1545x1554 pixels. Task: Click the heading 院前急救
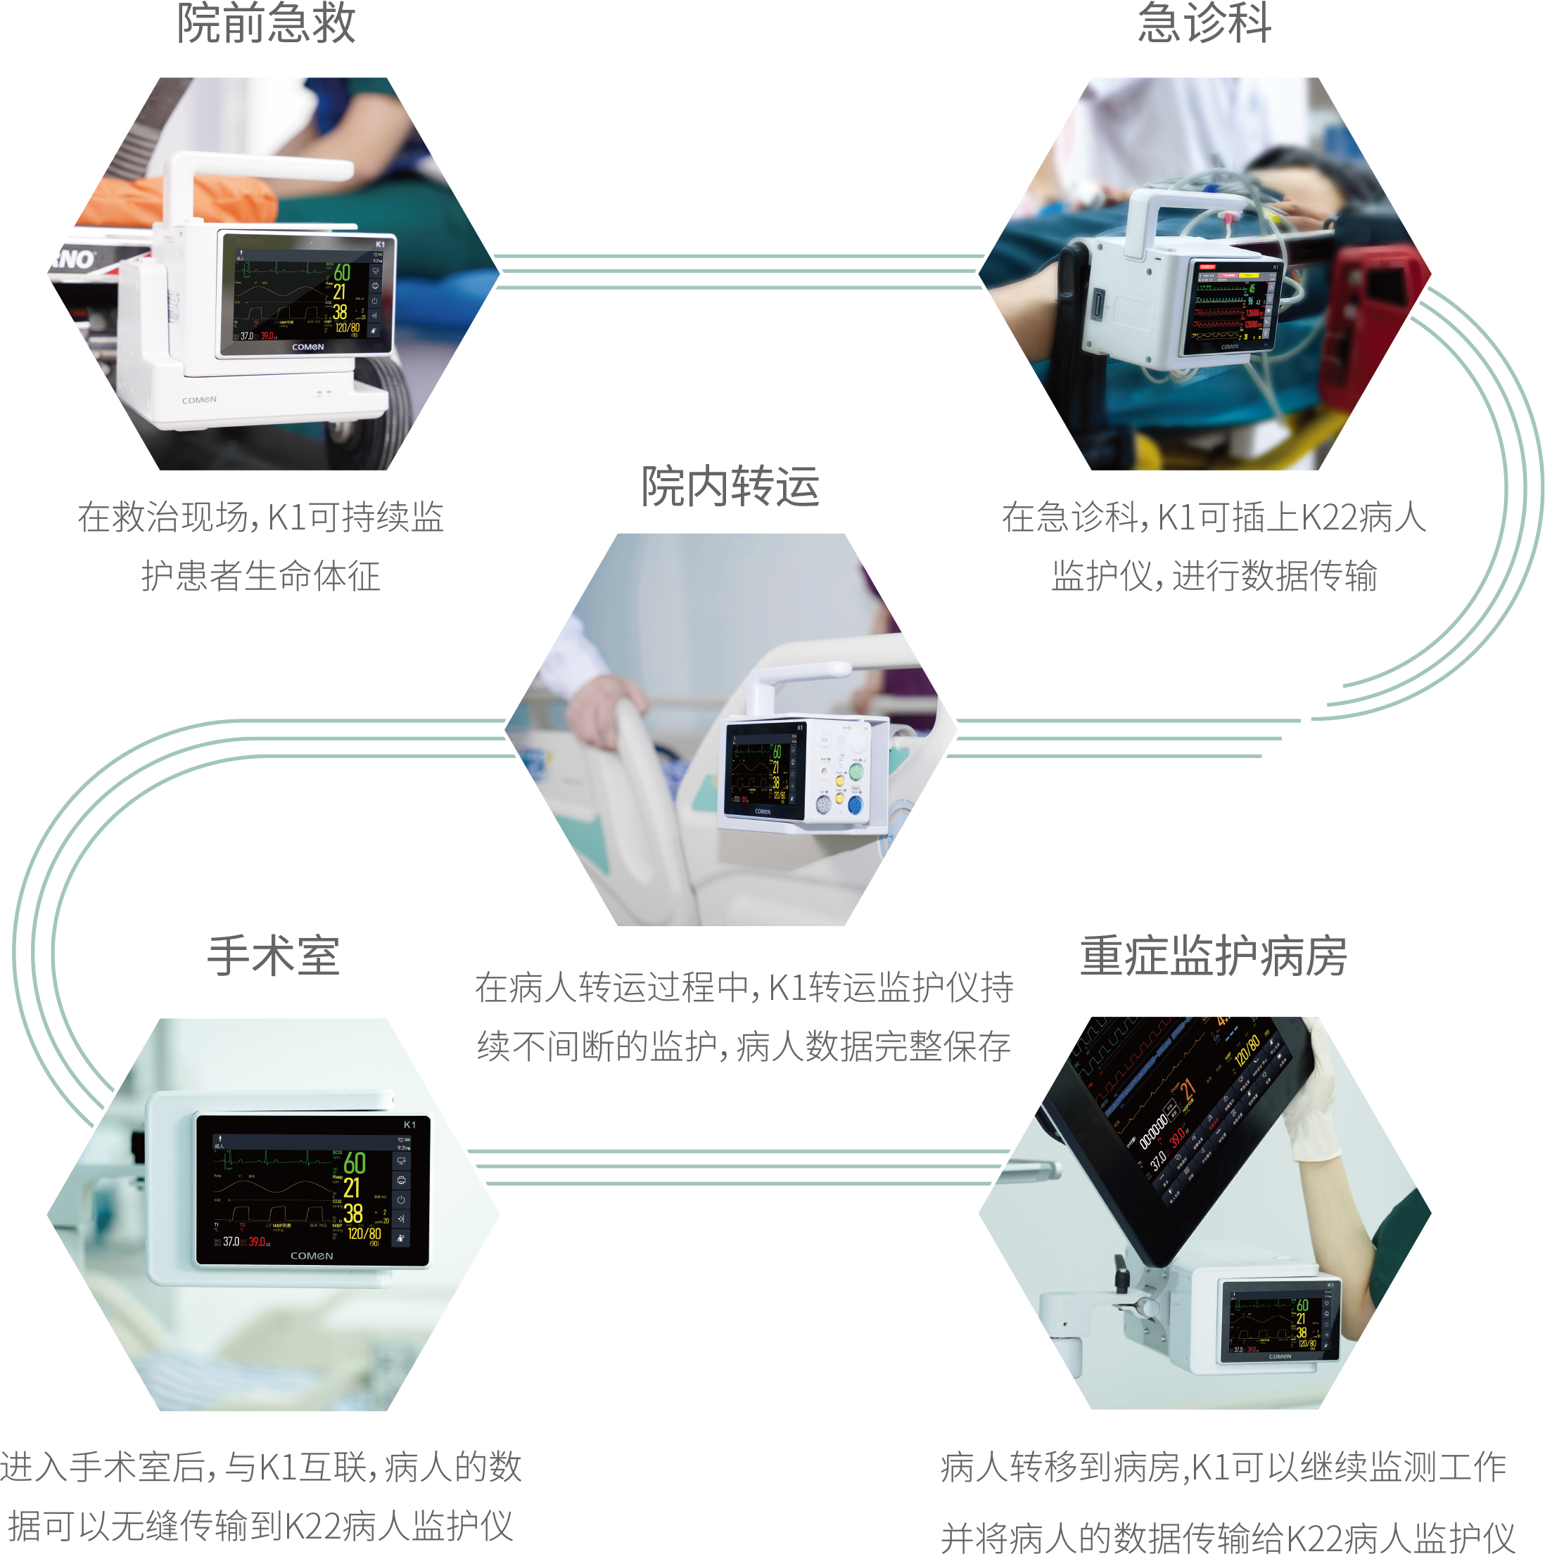(265, 24)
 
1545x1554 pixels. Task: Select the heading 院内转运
(730, 487)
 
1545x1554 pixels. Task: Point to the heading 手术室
(274, 956)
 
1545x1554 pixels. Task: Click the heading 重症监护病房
(1214, 956)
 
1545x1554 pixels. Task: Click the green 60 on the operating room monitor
(354, 1163)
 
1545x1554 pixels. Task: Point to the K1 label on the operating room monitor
(409, 1124)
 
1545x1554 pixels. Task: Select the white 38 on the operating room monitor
(352, 1213)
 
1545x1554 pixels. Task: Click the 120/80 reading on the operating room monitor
(364, 1233)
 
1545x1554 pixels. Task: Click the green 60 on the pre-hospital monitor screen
(342, 273)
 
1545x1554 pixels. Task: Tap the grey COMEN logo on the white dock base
(199, 400)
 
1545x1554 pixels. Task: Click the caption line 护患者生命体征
(261, 577)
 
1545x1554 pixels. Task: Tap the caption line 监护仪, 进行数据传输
(1214, 577)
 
